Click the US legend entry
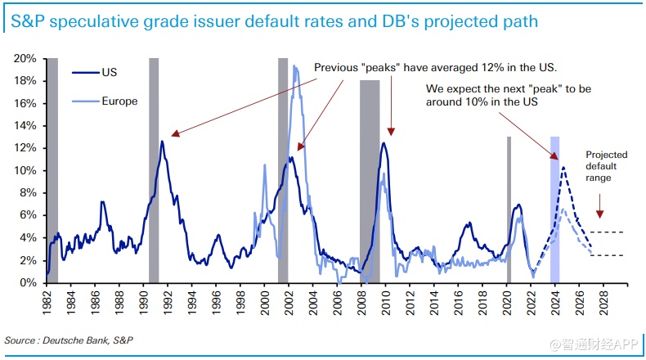click(110, 73)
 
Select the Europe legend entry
click(119, 101)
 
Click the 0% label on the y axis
click(28, 283)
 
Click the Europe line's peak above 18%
click(294, 66)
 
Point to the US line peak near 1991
click(162, 142)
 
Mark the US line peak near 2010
click(384, 143)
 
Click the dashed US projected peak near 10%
click(563, 167)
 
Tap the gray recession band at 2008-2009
click(370, 180)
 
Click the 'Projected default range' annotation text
click(606, 166)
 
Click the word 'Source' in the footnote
click(20, 340)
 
